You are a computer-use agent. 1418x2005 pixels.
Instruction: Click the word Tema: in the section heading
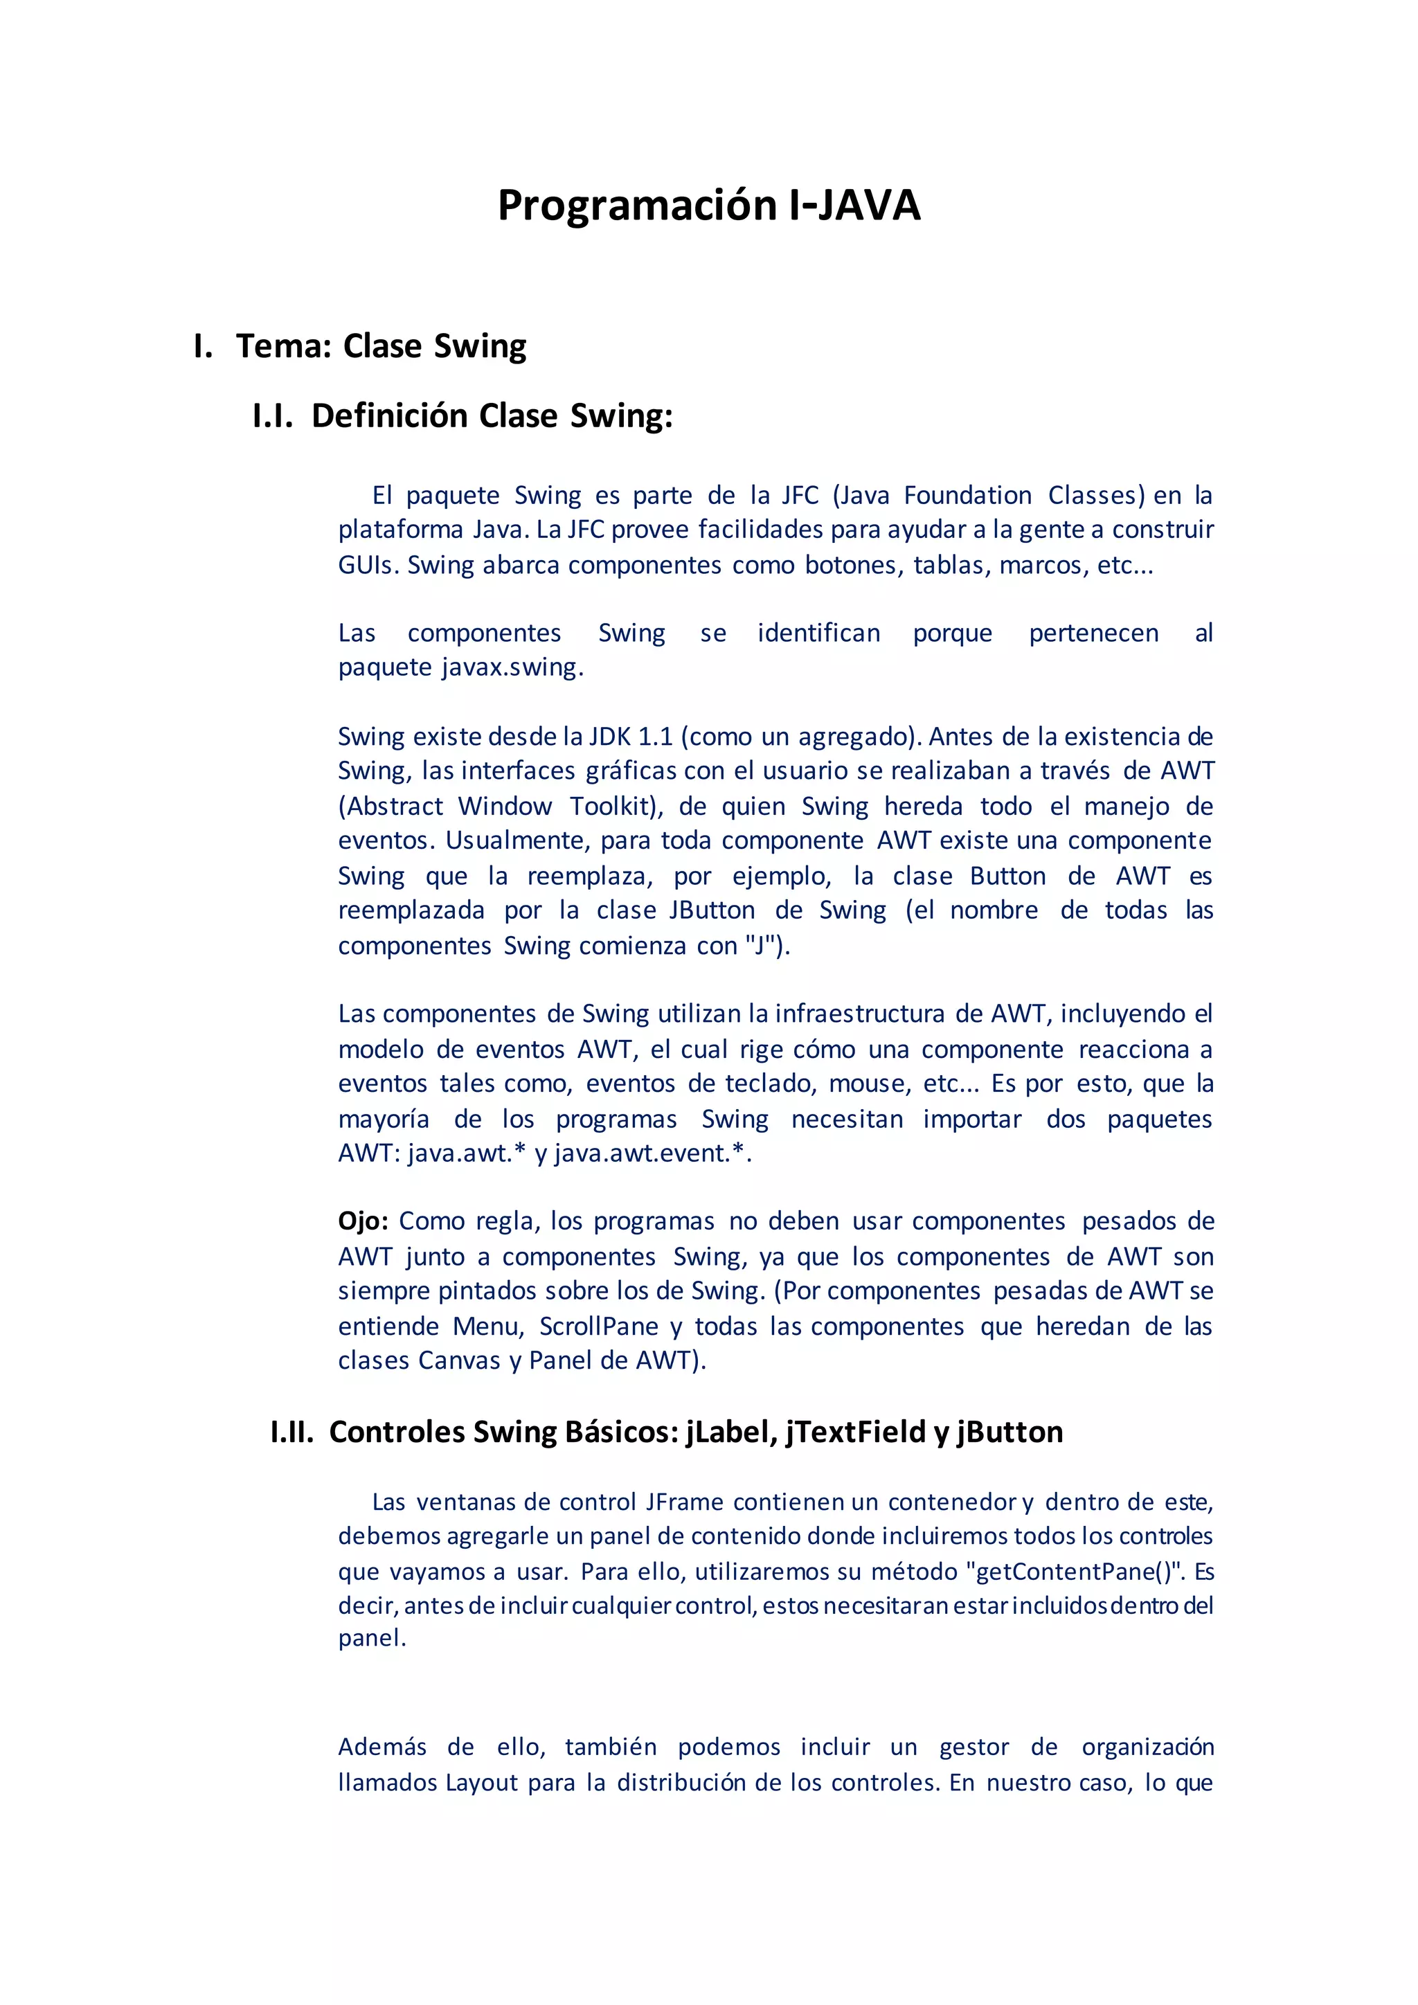point(284,347)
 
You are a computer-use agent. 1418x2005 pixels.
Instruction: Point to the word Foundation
point(967,495)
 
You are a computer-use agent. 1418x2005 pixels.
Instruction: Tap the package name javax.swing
point(512,667)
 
